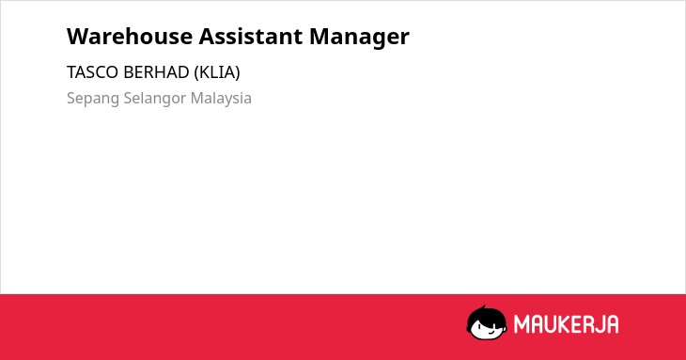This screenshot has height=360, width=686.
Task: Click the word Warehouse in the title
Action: click(x=130, y=36)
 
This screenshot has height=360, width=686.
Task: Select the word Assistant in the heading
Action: click(x=251, y=36)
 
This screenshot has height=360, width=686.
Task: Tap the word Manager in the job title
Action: click(x=359, y=38)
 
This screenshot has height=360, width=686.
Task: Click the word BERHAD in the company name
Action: click(x=156, y=72)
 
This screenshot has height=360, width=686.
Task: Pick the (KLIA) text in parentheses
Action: click(x=217, y=72)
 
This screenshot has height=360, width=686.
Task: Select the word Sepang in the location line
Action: click(x=93, y=99)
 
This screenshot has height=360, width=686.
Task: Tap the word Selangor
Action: click(x=155, y=99)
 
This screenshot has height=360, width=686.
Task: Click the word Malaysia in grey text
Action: click(x=221, y=99)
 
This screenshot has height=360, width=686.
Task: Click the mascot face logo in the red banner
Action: click(x=487, y=322)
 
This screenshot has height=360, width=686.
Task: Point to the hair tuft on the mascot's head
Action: click(x=483, y=308)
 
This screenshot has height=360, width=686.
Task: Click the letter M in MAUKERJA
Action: click(x=522, y=324)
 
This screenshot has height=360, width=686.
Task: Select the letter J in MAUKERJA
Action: click(x=597, y=324)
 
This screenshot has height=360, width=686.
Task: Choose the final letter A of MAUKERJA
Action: click(x=612, y=324)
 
